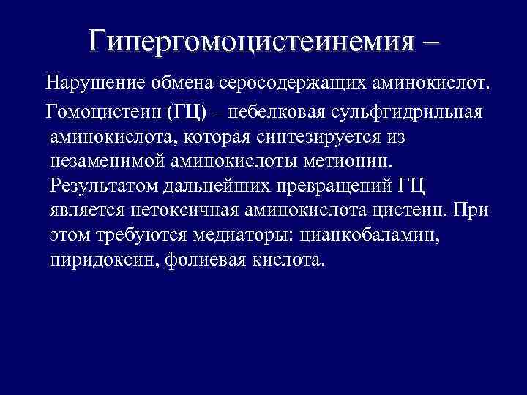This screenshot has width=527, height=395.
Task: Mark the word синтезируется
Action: [331, 138]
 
